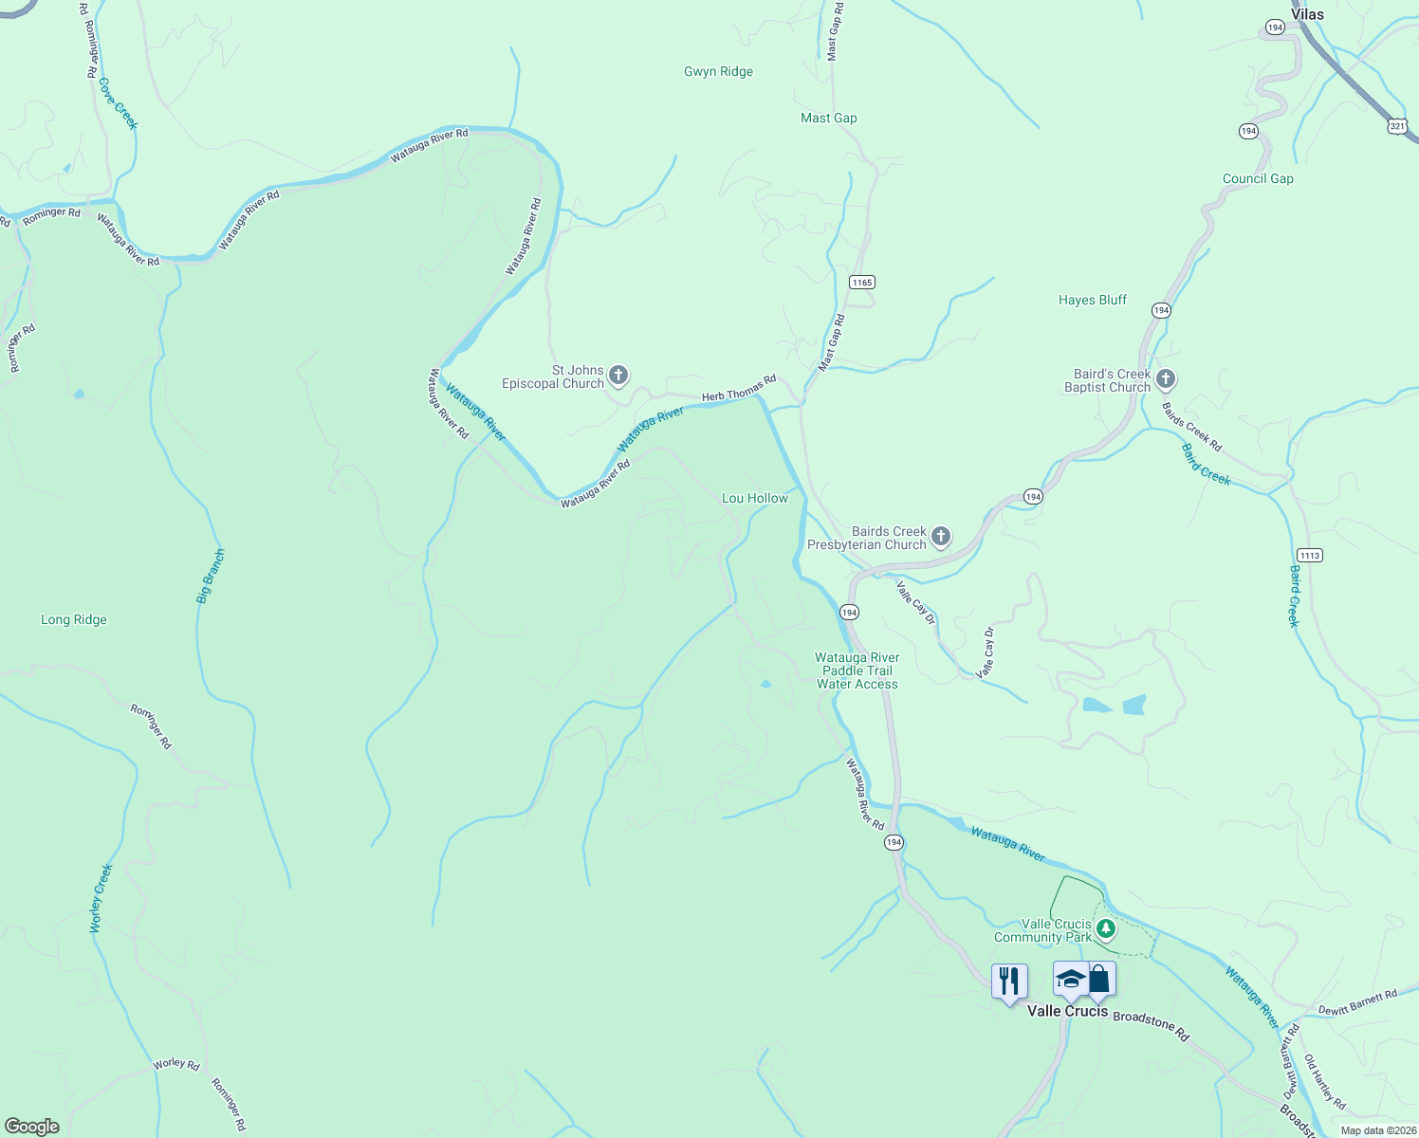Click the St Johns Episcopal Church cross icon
pyautogui.click(x=618, y=376)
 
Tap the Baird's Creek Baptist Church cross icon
pyautogui.click(x=1166, y=380)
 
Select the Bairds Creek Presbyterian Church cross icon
pyautogui.click(x=941, y=538)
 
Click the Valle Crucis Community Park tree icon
pyautogui.click(x=1105, y=929)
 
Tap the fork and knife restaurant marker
pyautogui.click(x=1009, y=981)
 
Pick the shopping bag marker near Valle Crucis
pyautogui.click(x=1100, y=979)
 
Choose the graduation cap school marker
pyautogui.click(x=1070, y=979)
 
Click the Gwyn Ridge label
pyautogui.click(x=718, y=72)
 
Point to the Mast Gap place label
pyautogui.click(x=828, y=119)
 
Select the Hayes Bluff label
pyautogui.click(x=1092, y=301)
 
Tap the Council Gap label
pyautogui.click(x=1257, y=179)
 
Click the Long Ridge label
pyautogui.click(x=74, y=620)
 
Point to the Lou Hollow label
pyautogui.click(x=754, y=499)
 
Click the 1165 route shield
pyautogui.click(x=861, y=283)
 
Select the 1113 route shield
pyautogui.click(x=1309, y=556)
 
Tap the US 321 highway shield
pyautogui.click(x=1397, y=125)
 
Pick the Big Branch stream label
pyautogui.click(x=211, y=576)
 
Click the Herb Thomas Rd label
pyautogui.click(x=739, y=389)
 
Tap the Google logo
pyautogui.click(x=32, y=1127)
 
